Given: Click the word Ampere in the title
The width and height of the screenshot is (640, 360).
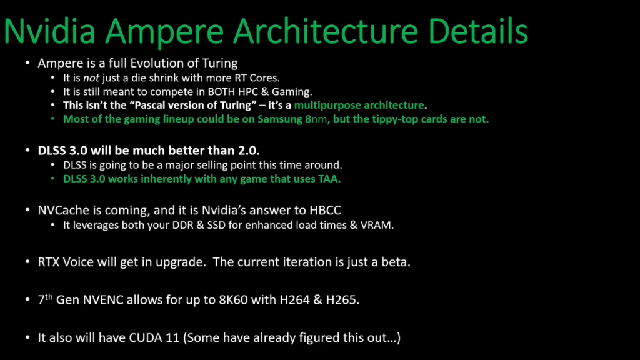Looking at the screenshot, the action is [x=164, y=32].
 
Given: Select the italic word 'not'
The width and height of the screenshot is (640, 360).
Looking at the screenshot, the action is [x=91, y=78].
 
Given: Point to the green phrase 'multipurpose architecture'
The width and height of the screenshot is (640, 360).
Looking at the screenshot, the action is [x=359, y=105].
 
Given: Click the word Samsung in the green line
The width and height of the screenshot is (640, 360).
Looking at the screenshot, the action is [x=280, y=119].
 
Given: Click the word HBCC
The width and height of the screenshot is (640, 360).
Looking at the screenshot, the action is [x=325, y=210].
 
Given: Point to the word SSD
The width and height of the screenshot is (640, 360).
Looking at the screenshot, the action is [x=216, y=225].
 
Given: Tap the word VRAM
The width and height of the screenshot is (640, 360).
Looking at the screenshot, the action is [x=377, y=225].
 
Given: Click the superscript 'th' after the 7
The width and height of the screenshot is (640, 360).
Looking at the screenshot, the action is [x=49, y=297].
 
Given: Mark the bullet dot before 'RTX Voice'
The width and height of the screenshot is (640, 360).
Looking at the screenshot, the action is [x=27, y=261].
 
